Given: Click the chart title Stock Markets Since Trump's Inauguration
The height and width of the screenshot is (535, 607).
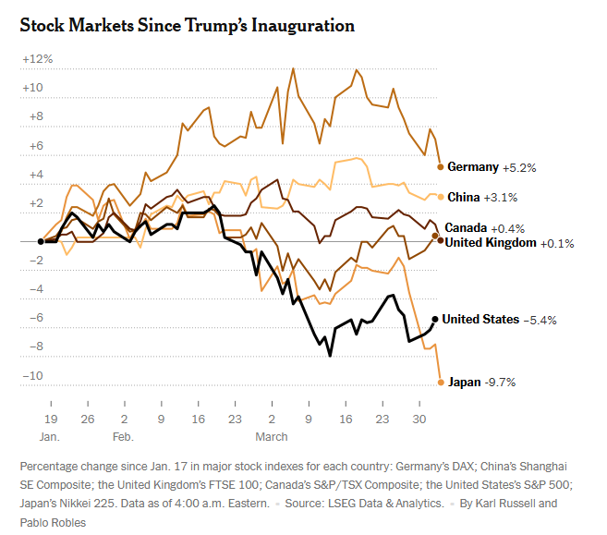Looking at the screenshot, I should [188, 25].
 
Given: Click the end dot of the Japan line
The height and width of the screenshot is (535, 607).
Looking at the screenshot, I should [441, 382].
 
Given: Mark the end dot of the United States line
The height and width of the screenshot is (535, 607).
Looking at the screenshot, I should [435, 319].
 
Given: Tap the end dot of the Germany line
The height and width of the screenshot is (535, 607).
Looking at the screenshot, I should [441, 166].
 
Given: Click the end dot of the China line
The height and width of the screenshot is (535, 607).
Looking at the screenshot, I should [441, 196].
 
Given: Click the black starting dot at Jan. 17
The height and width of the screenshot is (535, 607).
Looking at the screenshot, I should [41, 241].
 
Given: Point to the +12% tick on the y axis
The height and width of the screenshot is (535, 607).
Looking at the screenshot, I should [38, 59].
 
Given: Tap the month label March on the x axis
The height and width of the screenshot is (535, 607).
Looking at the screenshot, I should [272, 434].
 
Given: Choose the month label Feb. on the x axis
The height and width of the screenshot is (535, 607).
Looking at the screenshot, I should [124, 434].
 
